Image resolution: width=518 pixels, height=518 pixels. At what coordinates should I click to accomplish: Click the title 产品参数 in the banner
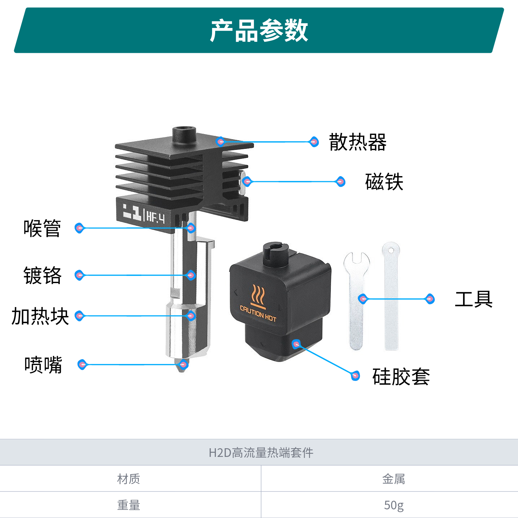pyautogui.click(x=259, y=30)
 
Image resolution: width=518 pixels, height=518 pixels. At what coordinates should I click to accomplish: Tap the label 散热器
pyautogui.click(x=357, y=142)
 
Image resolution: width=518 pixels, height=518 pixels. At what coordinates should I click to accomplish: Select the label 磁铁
pyautogui.click(x=384, y=182)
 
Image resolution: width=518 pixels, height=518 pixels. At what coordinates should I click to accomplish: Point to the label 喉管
pyautogui.click(x=42, y=228)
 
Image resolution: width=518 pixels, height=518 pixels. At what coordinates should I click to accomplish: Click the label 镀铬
pyautogui.click(x=42, y=275)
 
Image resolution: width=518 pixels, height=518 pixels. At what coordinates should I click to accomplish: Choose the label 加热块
pyautogui.click(x=40, y=316)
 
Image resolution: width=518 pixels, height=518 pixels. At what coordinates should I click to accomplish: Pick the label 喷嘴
pyautogui.click(x=43, y=365)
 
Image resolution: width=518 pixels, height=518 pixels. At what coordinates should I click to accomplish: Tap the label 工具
pyautogui.click(x=473, y=299)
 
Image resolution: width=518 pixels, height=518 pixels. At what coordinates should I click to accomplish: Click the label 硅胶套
pyautogui.click(x=401, y=376)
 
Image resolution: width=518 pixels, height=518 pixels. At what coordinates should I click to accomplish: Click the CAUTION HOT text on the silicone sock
pyautogui.click(x=258, y=314)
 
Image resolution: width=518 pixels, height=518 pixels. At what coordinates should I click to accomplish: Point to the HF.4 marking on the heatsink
pyautogui.click(x=155, y=217)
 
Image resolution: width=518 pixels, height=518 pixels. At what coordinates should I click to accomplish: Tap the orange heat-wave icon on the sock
pyautogui.click(x=258, y=295)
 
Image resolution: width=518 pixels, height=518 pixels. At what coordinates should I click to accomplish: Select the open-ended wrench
pyautogui.click(x=356, y=300)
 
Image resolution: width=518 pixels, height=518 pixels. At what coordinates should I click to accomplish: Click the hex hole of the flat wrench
pyautogui.click(x=391, y=250)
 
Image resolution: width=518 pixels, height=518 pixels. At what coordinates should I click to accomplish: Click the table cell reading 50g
pyautogui.click(x=393, y=505)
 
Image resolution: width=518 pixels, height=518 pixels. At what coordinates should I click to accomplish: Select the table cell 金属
pyautogui.click(x=393, y=479)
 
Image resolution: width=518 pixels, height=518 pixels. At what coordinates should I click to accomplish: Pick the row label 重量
pyautogui.click(x=128, y=505)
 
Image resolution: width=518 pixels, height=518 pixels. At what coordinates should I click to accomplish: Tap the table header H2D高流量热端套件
pyautogui.click(x=261, y=452)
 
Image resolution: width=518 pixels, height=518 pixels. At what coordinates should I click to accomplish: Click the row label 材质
pyautogui.click(x=128, y=479)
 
